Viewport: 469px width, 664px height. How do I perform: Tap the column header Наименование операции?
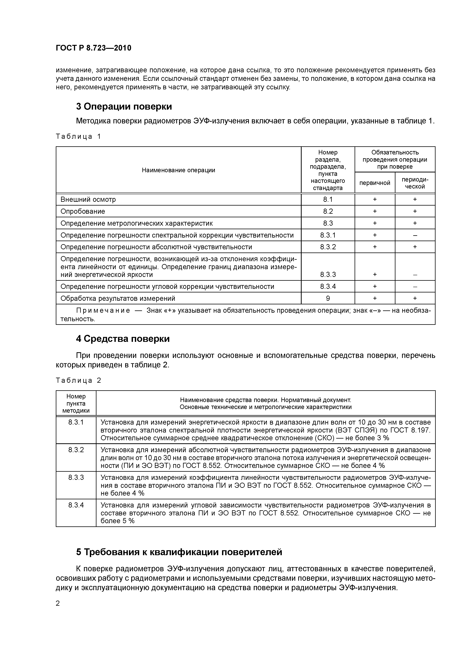click(178, 170)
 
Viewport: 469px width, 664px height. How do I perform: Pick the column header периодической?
click(415, 183)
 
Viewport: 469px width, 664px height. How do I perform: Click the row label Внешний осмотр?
click(88, 199)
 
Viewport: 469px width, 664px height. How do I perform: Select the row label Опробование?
click(83, 211)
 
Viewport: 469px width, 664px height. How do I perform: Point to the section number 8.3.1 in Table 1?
click(328, 235)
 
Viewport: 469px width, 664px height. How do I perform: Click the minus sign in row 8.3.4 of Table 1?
click(415, 287)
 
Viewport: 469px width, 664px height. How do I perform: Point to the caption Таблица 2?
click(78, 380)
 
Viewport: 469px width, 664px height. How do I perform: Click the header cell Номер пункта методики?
click(76, 403)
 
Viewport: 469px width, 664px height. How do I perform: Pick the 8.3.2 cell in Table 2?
click(76, 450)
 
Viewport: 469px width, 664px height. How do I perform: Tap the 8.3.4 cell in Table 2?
click(76, 505)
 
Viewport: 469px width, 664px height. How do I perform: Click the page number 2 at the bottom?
click(57, 603)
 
